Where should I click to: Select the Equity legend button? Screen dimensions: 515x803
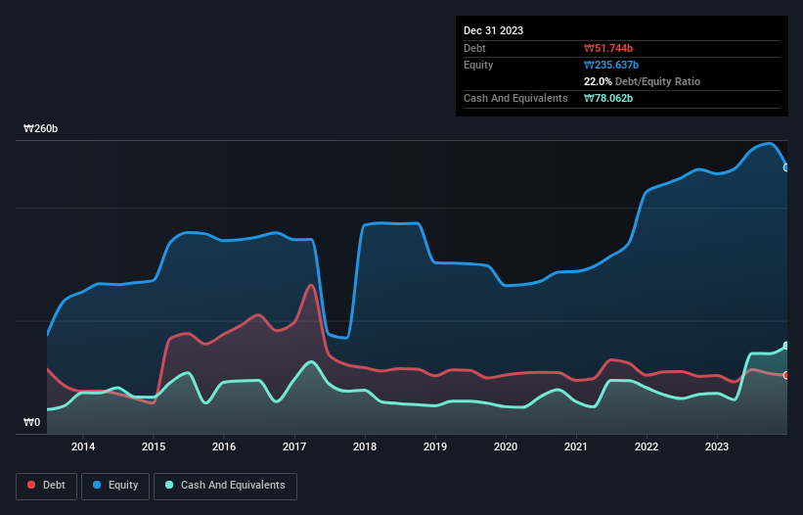point(115,485)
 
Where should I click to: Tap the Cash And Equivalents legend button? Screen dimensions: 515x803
point(225,485)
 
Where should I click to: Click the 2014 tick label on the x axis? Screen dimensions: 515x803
point(83,446)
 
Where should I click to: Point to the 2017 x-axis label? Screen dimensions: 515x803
point(294,446)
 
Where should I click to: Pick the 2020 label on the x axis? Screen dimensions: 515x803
point(506,446)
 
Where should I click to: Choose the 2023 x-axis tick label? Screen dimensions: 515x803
point(717,446)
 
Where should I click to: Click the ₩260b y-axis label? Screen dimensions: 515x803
point(41,129)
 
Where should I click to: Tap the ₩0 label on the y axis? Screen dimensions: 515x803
point(31,423)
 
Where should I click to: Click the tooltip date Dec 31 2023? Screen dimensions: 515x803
point(493,30)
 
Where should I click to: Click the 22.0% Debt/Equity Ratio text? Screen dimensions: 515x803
point(642,81)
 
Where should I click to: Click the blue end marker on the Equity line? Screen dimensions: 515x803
point(786,167)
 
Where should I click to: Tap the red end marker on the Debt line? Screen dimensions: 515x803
point(786,375)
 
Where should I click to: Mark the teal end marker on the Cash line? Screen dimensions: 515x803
point(786,346)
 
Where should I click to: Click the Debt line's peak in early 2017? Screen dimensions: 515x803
point(311,285)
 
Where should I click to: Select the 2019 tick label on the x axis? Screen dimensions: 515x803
point(435,446)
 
